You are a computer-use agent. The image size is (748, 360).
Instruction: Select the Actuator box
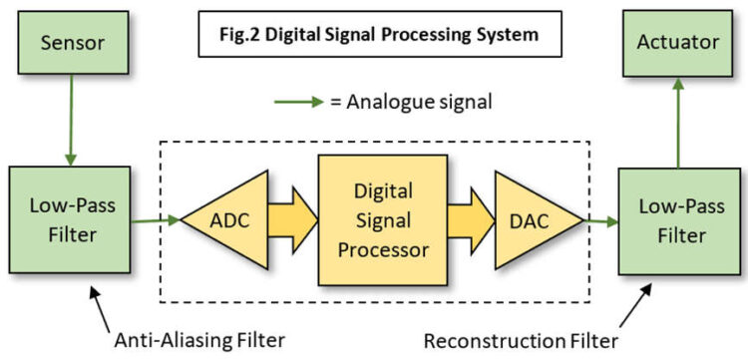[678, 42]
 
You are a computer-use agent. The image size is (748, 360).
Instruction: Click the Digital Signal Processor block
[382, 218]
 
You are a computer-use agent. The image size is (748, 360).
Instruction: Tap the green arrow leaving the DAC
[600, 218]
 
